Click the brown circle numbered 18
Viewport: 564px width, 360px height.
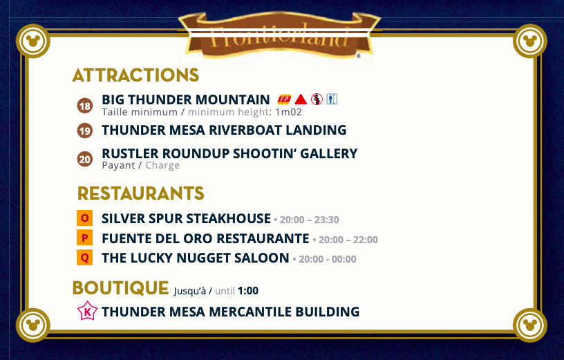85,106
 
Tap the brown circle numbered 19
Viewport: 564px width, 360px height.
85,131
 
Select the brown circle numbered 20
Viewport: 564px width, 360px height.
85,159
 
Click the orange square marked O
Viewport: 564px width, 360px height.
84,218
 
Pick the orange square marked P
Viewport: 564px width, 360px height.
84,238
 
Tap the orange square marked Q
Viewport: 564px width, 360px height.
84,258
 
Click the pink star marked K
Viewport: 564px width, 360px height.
87,311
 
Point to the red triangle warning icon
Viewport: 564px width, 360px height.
301,100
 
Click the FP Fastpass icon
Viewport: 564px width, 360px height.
284,100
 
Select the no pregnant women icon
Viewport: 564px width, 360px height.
317,99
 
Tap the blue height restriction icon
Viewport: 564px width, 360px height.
332,99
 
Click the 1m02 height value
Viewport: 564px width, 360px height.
288,112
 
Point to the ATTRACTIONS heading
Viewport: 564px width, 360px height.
135,75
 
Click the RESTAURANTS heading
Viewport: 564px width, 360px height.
140,193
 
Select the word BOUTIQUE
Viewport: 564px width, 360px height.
120,287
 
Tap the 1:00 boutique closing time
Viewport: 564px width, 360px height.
248,291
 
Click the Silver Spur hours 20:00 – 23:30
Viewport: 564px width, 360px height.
310,219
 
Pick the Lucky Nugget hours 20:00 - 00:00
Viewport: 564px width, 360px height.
328,259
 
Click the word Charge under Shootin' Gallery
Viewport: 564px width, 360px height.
162,165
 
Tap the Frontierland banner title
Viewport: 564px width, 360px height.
279,37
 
